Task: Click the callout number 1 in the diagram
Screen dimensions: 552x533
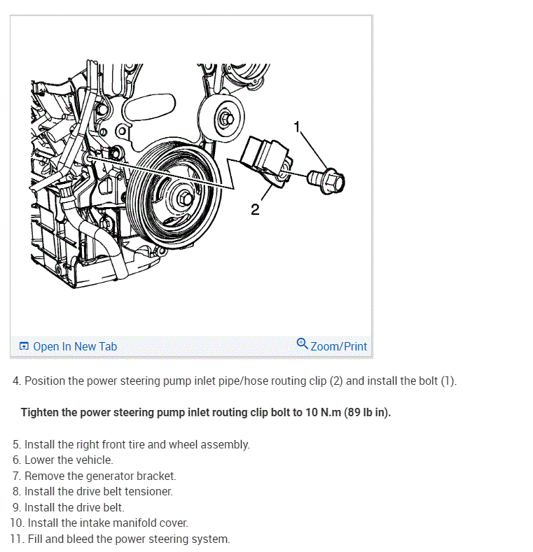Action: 298,127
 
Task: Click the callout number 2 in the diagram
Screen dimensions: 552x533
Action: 255,209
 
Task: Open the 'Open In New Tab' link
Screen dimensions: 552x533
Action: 75,346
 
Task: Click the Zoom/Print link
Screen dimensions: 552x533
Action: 339,346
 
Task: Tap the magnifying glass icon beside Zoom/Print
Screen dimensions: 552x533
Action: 303,344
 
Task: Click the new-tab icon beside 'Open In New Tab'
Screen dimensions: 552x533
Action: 25,346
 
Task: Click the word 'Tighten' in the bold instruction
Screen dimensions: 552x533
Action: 40,412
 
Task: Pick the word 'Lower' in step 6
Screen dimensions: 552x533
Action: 40,460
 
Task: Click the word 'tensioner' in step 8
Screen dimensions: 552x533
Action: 148,491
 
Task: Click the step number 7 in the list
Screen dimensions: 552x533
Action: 15,476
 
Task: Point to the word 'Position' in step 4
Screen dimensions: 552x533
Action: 45,381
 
